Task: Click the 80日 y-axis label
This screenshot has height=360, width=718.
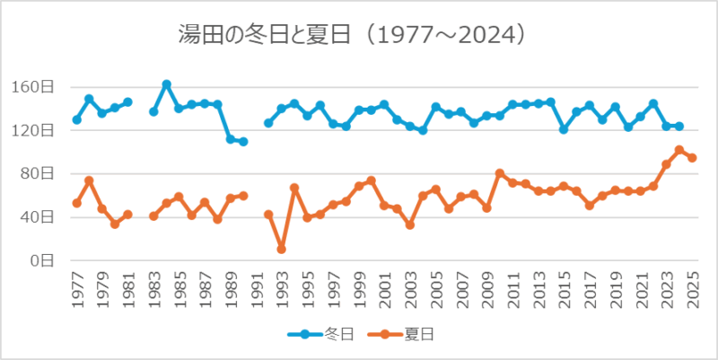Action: coord(40,173)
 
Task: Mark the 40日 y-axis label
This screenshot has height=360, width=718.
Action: coord(40,216)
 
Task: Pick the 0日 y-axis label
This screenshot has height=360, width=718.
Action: coord(45,260)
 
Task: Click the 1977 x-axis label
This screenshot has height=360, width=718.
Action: coord(77,293)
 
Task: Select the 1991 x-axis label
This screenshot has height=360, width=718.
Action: coord(257,293)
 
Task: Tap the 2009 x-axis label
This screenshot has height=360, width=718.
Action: coord(487,293)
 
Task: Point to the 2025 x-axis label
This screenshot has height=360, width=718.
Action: coord(692,293)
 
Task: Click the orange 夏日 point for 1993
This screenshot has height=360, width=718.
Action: coord(282,249)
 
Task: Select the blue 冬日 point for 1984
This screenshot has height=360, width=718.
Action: coord(167,84)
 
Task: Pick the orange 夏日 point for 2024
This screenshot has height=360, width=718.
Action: coord(679,150)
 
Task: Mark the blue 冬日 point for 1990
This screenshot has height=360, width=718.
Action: coord(243,142)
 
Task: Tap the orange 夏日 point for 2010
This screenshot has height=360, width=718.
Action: coord(500,173)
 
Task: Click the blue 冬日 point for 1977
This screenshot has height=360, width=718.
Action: coord(77,119)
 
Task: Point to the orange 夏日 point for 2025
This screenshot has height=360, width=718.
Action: coord(692,158)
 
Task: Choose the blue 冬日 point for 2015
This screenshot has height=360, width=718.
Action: coord(564,129)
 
